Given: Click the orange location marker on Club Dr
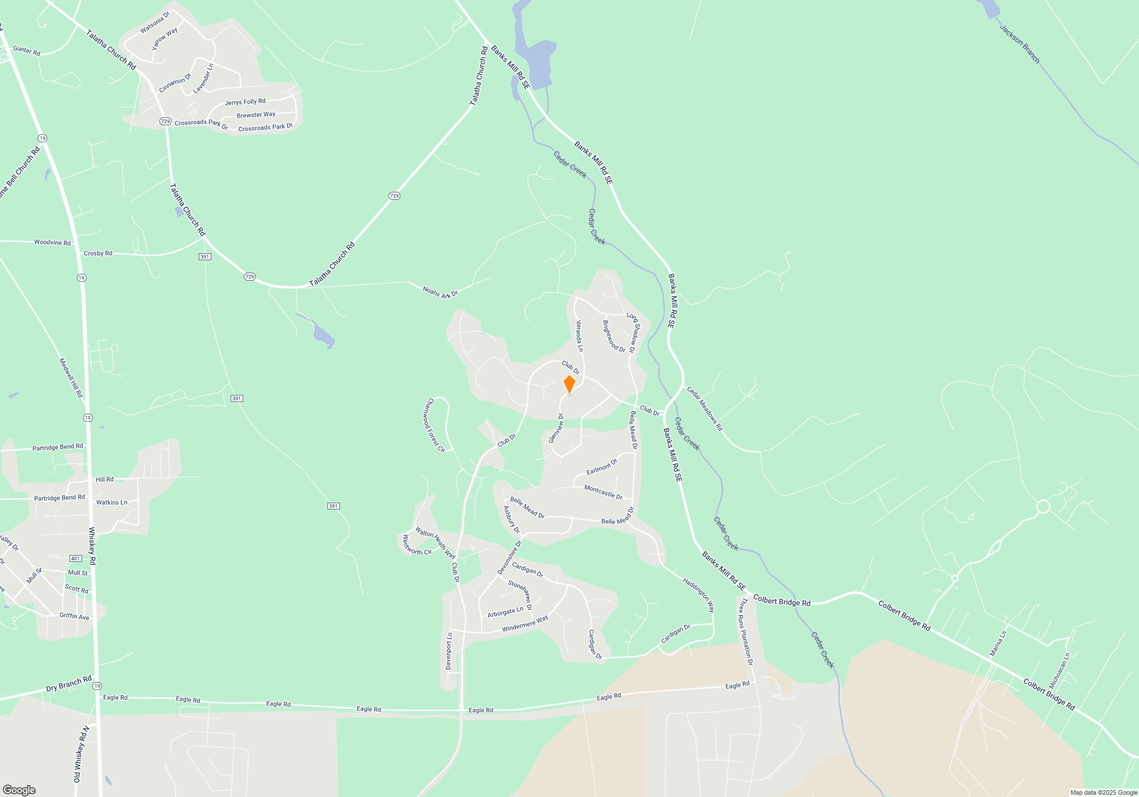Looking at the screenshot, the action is coord(569,384).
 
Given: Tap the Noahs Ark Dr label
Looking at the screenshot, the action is coord(440,292).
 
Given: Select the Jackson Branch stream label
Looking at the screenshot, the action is coord(1020,43).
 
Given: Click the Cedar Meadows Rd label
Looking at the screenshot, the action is coord(704,409).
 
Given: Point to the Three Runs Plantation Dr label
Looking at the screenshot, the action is coord(746,631).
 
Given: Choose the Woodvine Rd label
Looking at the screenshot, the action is coord(52,243).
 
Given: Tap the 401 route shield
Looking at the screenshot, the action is coord(75,558).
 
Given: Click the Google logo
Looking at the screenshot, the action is coord(19,790).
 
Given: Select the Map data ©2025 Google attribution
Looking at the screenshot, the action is coord(1103,792).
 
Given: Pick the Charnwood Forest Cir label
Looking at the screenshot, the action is coord(434,425).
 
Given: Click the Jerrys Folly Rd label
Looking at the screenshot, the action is coord(245,102).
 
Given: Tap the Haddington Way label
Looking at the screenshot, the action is coord(699,595).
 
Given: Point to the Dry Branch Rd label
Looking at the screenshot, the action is coord(68,684).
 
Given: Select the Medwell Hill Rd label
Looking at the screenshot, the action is coord(71,378).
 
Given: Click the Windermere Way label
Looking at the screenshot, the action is coord(525,623).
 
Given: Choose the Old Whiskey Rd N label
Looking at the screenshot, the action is coord(81,754).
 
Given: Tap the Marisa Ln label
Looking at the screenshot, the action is coord(998,643).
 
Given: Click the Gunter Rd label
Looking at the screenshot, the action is coord(27,51).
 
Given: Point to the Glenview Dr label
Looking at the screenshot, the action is coord(556,428).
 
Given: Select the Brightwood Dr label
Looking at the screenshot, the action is coord(613,336).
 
